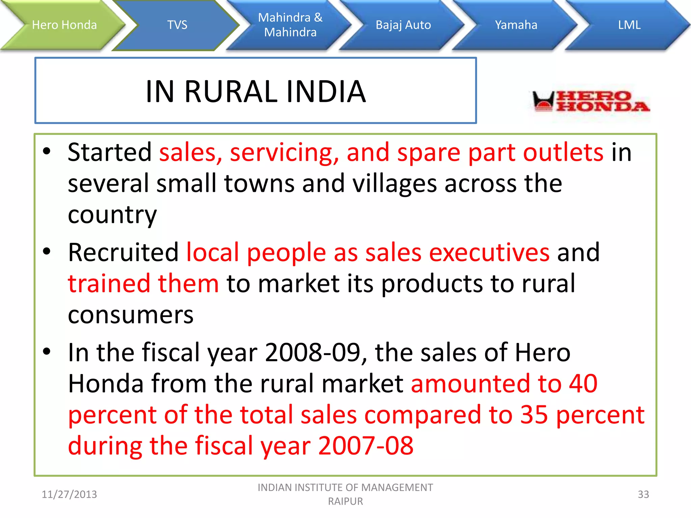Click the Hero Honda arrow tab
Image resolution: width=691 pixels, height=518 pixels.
tap(64, 25)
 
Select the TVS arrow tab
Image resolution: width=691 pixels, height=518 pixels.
tap(177, 25)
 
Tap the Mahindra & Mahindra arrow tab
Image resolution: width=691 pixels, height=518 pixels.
tap(290, 25)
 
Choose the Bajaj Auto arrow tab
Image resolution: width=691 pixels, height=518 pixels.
tap(403, 25)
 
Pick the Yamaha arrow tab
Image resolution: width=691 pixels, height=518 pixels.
tap(516, 25)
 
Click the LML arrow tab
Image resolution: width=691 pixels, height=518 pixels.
tap(629, 25)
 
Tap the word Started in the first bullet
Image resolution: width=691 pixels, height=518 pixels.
tap(110, 152)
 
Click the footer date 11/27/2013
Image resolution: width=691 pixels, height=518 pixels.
tap(69, 494)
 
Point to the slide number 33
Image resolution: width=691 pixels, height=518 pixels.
tap(643, 494)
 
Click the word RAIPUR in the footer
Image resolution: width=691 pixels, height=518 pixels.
tap(345, 501)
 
